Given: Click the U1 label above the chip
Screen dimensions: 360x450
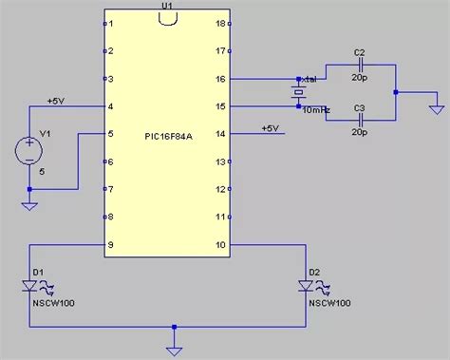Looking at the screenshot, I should point(167,6).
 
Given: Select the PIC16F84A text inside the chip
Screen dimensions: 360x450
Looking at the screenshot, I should point(168,133).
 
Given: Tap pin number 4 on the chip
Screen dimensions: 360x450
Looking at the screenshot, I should point(111,105).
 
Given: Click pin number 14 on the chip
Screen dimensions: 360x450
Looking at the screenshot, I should point(221,134).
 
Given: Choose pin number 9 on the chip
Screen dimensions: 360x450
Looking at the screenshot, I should point(111,244).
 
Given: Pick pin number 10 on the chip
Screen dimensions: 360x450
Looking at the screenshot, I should point(221,244).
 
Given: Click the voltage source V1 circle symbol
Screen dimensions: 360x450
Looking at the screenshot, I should point(29,149).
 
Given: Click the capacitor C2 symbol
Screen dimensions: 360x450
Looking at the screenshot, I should point(359,66).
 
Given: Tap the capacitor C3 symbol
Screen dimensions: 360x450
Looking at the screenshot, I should point(359,121).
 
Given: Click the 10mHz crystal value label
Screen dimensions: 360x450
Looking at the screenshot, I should point(316,111).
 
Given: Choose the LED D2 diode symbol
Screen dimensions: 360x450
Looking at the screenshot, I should point(306,284).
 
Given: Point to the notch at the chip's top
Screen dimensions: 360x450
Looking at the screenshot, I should point(167,20).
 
